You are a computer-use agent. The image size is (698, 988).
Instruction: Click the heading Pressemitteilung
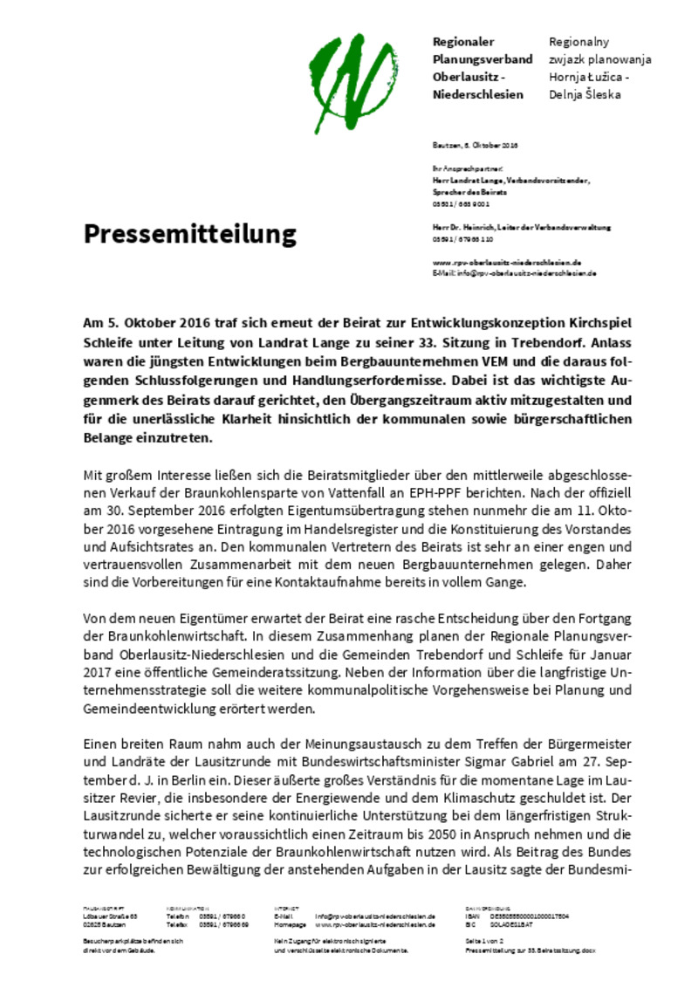coord(190,234)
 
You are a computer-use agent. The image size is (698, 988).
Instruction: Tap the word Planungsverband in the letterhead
coord(482,59)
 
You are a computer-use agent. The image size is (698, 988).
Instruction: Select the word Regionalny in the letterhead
coord(578,42)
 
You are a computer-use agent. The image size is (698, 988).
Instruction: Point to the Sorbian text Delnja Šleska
coord(585,94)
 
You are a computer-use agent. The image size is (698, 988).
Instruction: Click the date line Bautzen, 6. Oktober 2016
coord(476,145)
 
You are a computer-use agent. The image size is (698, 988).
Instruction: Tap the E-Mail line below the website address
coord(514,273)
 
